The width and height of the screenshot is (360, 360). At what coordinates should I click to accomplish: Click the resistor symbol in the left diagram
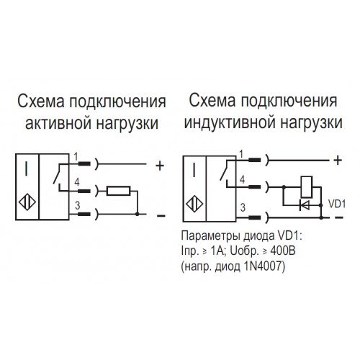118,191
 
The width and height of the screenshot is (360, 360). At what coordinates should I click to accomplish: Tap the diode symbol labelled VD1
305,205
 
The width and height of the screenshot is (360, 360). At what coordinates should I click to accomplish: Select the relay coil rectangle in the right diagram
307,186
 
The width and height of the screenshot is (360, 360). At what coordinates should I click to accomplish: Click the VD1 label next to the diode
337,204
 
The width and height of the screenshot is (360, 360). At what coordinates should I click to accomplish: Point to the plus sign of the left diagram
160,166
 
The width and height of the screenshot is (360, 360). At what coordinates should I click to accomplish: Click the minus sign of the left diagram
161,215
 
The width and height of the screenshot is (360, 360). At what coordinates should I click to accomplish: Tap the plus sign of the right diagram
338,160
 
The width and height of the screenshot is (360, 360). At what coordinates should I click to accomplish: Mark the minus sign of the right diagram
338,217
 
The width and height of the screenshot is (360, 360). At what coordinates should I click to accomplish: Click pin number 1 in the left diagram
76,157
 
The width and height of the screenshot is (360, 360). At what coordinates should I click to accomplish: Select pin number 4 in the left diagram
77,183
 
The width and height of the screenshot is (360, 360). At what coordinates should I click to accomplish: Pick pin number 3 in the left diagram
77,206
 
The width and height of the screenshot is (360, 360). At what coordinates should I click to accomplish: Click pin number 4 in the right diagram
243,180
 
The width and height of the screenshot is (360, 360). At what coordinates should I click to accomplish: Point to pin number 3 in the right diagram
243,207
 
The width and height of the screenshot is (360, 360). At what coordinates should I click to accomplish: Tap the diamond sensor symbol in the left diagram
27,202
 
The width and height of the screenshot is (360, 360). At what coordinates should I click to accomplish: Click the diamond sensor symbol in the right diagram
194,204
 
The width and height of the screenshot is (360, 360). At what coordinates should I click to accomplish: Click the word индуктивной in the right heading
229,122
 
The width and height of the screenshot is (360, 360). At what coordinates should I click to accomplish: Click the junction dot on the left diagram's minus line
138,214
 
